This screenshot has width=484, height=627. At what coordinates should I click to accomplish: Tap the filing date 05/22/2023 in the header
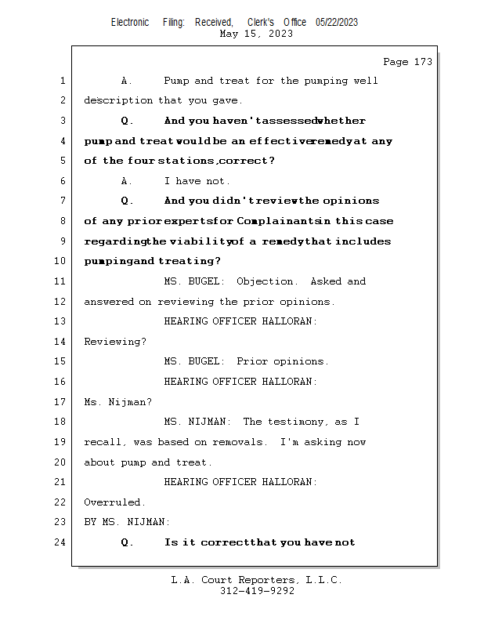point(337,23)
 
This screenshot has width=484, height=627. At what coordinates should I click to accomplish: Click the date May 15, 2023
point(257,34)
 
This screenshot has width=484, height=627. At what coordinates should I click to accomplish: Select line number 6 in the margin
point(63,181)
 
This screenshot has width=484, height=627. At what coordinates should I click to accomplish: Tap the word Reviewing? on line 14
point(114,342)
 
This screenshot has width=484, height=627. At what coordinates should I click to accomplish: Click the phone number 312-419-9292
point(257,591)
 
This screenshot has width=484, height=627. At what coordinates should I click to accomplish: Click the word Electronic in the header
point(130,23)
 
